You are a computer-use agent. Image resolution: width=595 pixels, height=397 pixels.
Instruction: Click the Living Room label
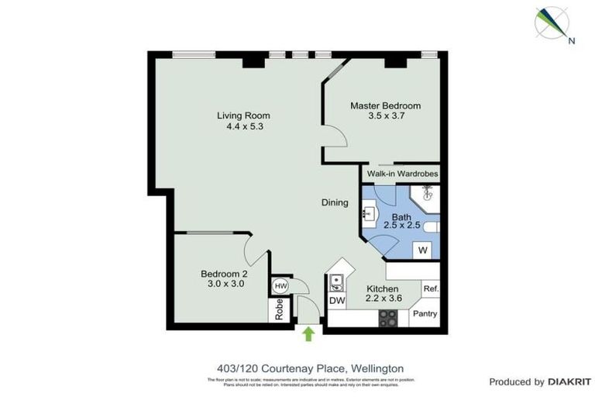(x=243, y=116)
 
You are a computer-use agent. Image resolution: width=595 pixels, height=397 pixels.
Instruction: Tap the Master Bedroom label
(x=385, y=105)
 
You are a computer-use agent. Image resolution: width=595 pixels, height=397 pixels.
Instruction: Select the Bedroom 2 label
(x=224, y=274)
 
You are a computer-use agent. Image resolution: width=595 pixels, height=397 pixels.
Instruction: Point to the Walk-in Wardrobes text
(x=402, y=174)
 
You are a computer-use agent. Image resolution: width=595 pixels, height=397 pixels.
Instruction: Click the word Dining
(x=335, y=202)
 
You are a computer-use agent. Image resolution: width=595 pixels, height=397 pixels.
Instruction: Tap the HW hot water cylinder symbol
(x=280, y=286)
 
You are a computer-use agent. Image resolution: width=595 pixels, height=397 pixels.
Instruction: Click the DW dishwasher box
(x=337, y=300)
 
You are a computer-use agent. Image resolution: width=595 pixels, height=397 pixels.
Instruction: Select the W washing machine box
(x=423, y=250)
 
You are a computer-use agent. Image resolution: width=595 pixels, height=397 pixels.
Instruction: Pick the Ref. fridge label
(x=432, y=289)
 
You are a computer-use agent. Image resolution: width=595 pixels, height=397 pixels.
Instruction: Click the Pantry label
(x=425, y=314)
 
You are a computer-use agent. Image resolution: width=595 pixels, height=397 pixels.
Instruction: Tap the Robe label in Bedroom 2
(x=280, y=309)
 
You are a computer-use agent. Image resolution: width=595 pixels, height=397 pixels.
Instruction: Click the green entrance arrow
(x=308, y=333)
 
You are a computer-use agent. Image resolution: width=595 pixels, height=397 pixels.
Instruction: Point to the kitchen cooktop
(x=387, y=318)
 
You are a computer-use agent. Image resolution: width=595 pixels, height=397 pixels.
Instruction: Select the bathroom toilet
(x=431, y=226)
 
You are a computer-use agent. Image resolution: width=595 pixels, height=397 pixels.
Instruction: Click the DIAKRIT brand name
(x=571, y=381)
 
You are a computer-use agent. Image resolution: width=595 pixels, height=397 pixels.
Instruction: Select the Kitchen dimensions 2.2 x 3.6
(x=385, y=299)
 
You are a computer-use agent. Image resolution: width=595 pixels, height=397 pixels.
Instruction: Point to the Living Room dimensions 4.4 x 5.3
(x=243, y=126)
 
